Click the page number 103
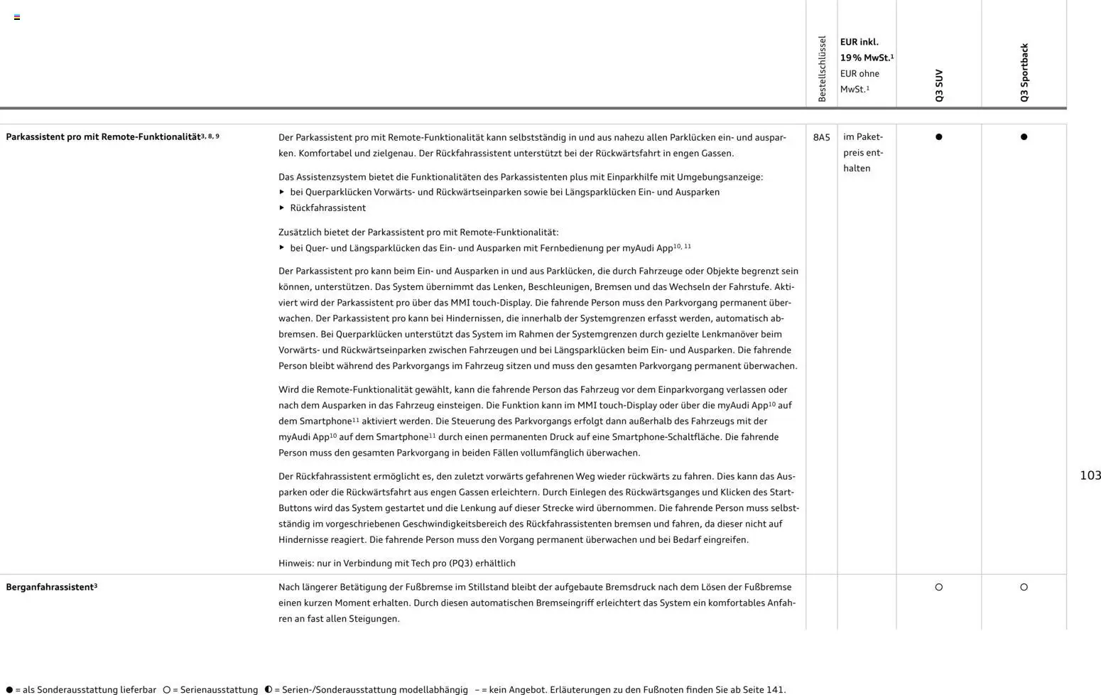click(1090, 475)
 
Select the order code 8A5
click(821, 137)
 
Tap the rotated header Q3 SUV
click(939, 85)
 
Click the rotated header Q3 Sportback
click(1024, 72)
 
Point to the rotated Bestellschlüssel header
click(822, 69)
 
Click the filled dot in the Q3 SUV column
click(938, 137)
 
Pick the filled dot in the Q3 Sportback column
click(1024, 137)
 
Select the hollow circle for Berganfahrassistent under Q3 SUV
click(938, 587)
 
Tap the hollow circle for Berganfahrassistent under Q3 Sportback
click(1024, 587)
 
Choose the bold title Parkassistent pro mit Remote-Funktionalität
click(103, 137)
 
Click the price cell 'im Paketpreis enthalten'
click(863, 152)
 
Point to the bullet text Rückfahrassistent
click(327, 208)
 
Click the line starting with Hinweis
click(396, 564)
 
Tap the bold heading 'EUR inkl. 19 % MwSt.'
click(865, 50)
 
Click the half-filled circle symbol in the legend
click(269, 689)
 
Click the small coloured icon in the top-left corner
click(17, 17)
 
